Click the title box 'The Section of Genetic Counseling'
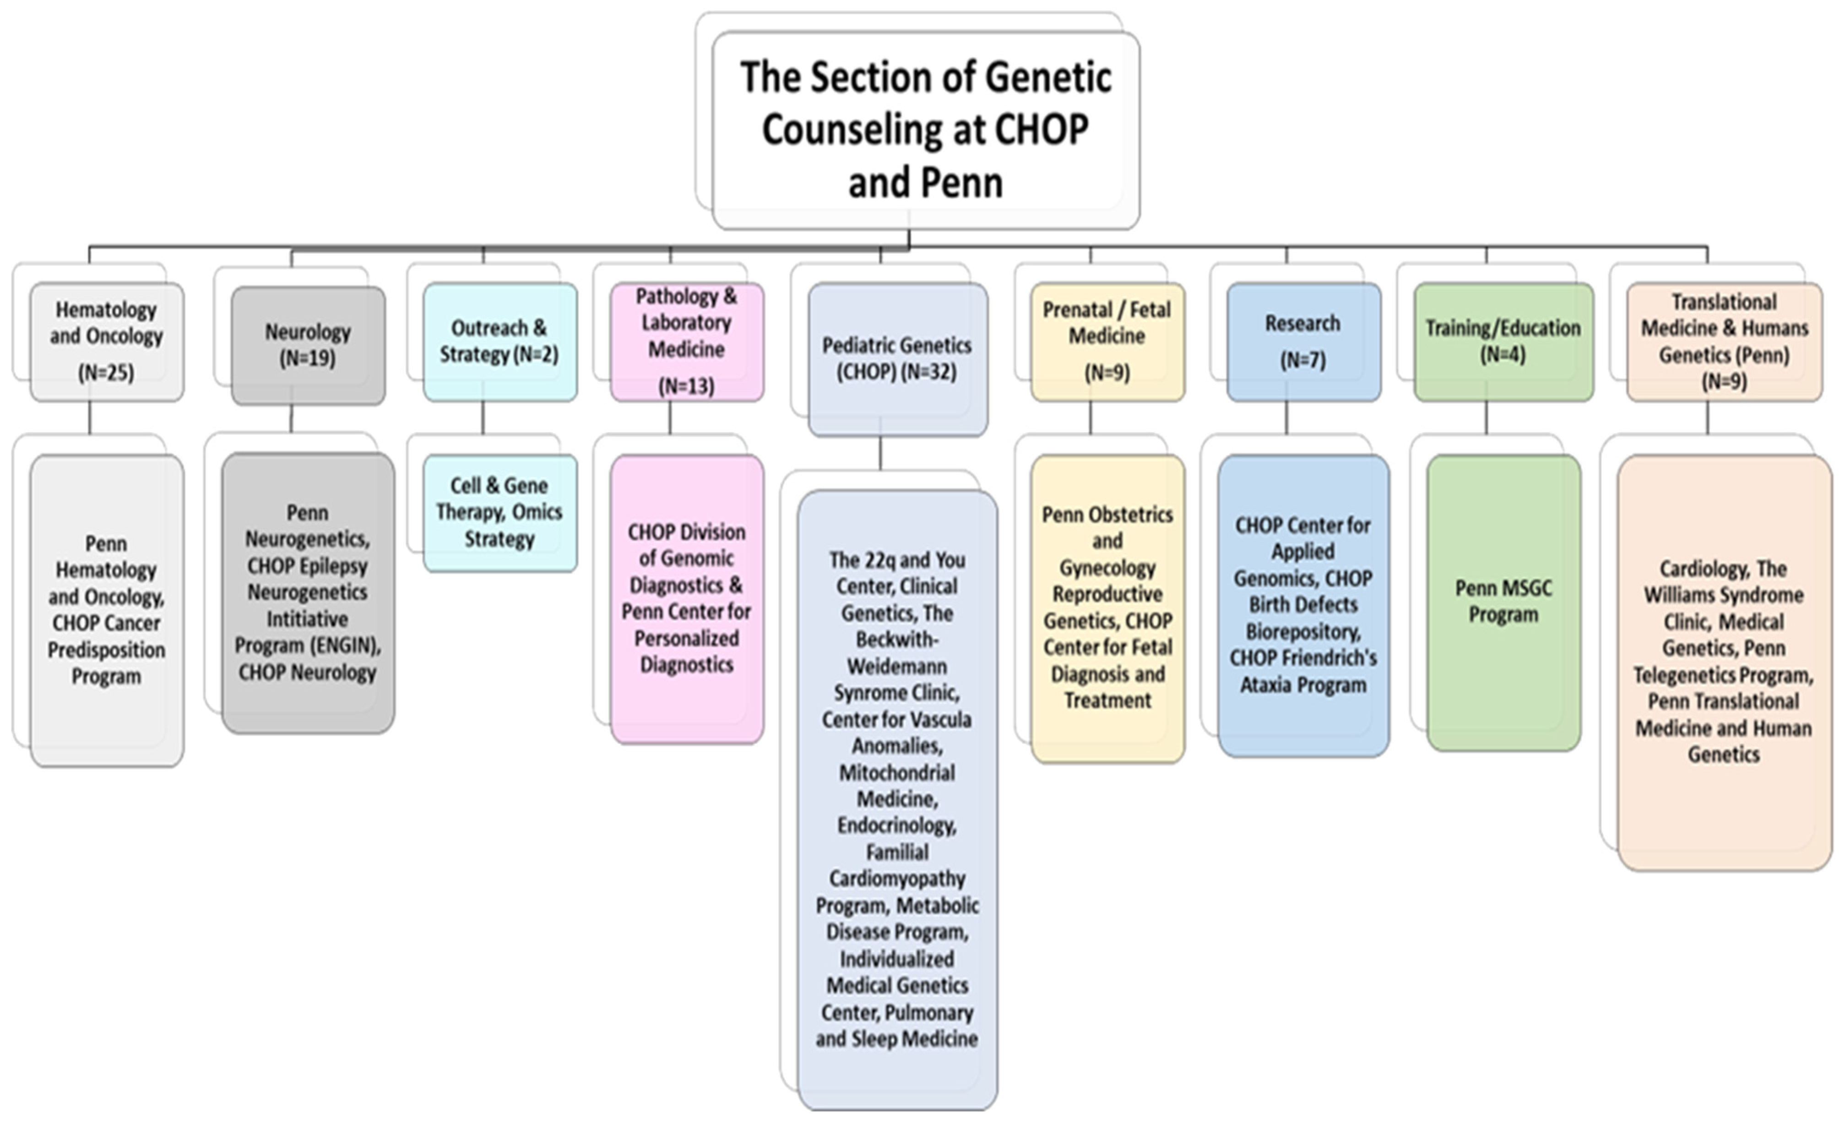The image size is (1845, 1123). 926,130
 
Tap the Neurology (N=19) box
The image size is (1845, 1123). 308,345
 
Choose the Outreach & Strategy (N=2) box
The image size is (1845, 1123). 499,342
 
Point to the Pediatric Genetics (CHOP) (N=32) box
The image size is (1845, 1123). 897,358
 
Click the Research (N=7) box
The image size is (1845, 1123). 1303,342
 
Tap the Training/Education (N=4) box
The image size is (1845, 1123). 1503,342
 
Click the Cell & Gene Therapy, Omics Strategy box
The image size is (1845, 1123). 499,513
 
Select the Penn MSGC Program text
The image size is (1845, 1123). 1503,601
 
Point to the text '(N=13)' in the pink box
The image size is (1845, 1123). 687,385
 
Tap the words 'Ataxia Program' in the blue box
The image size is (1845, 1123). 1303,685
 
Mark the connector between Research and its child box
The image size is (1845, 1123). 1286,418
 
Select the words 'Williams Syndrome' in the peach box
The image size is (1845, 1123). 1724,595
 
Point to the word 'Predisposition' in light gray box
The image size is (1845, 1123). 106,650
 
